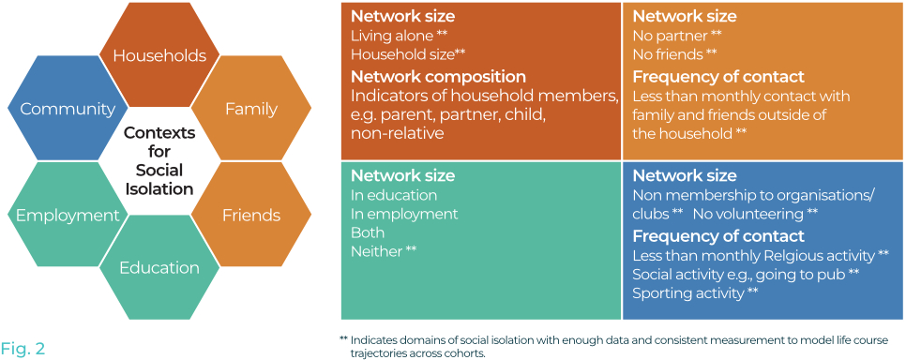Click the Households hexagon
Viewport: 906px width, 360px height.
[x=159, y=55]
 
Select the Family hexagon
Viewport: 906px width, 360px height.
[x=251, y=109]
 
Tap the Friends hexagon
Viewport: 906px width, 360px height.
[x=251, y=216]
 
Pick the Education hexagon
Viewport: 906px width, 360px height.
[x=159, y=268]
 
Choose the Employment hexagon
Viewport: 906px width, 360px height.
[x=68, y=216]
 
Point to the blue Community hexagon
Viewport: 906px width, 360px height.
[x=68, y=109]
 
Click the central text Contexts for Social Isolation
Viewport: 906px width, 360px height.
[x=159, y=160]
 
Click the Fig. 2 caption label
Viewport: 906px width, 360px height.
[x=23, y=349]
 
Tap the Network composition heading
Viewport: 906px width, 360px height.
[x=438, y=76]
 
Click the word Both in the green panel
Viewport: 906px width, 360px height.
[x=368, y=232]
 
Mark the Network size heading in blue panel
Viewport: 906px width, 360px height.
[x=684, y=175]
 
